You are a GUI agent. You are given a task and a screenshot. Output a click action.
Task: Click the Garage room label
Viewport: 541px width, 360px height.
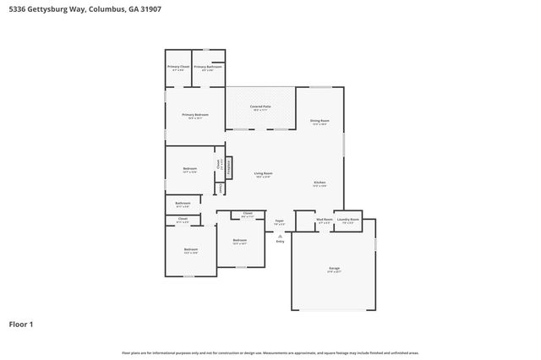tap(334, 270)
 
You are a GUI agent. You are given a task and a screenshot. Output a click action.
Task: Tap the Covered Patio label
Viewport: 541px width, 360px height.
tap(260, 107)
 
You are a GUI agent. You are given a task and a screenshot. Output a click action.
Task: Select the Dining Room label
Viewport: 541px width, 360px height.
tap(319, 122)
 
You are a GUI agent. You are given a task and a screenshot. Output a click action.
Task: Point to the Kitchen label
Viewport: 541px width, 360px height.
tap(320, 183)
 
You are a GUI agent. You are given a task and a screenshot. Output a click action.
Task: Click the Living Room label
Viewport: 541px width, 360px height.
tap(263, 175)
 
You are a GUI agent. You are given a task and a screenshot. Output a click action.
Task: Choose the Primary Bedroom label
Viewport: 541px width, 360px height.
tap(194, 116)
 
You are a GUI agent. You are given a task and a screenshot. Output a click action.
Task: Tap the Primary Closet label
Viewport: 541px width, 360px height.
tap(178, 67)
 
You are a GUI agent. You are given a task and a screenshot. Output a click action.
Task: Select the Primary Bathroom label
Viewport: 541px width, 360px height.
tap(207, 67)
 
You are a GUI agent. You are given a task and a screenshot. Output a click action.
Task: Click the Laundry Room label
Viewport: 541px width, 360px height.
tap(348, 221)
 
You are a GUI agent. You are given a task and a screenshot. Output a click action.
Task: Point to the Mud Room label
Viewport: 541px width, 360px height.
tap(325, 221)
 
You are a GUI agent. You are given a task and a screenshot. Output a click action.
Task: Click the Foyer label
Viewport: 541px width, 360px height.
tap(279, 222)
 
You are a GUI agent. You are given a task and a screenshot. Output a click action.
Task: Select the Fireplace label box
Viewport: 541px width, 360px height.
tap(227, 166)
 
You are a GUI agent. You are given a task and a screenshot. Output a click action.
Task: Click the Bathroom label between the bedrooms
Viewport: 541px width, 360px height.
tap(183, 204)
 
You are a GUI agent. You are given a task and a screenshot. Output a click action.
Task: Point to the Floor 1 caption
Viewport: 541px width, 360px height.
tap(21, 324)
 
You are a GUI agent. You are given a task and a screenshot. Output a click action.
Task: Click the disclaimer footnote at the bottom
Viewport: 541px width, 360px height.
tap(270, 352)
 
